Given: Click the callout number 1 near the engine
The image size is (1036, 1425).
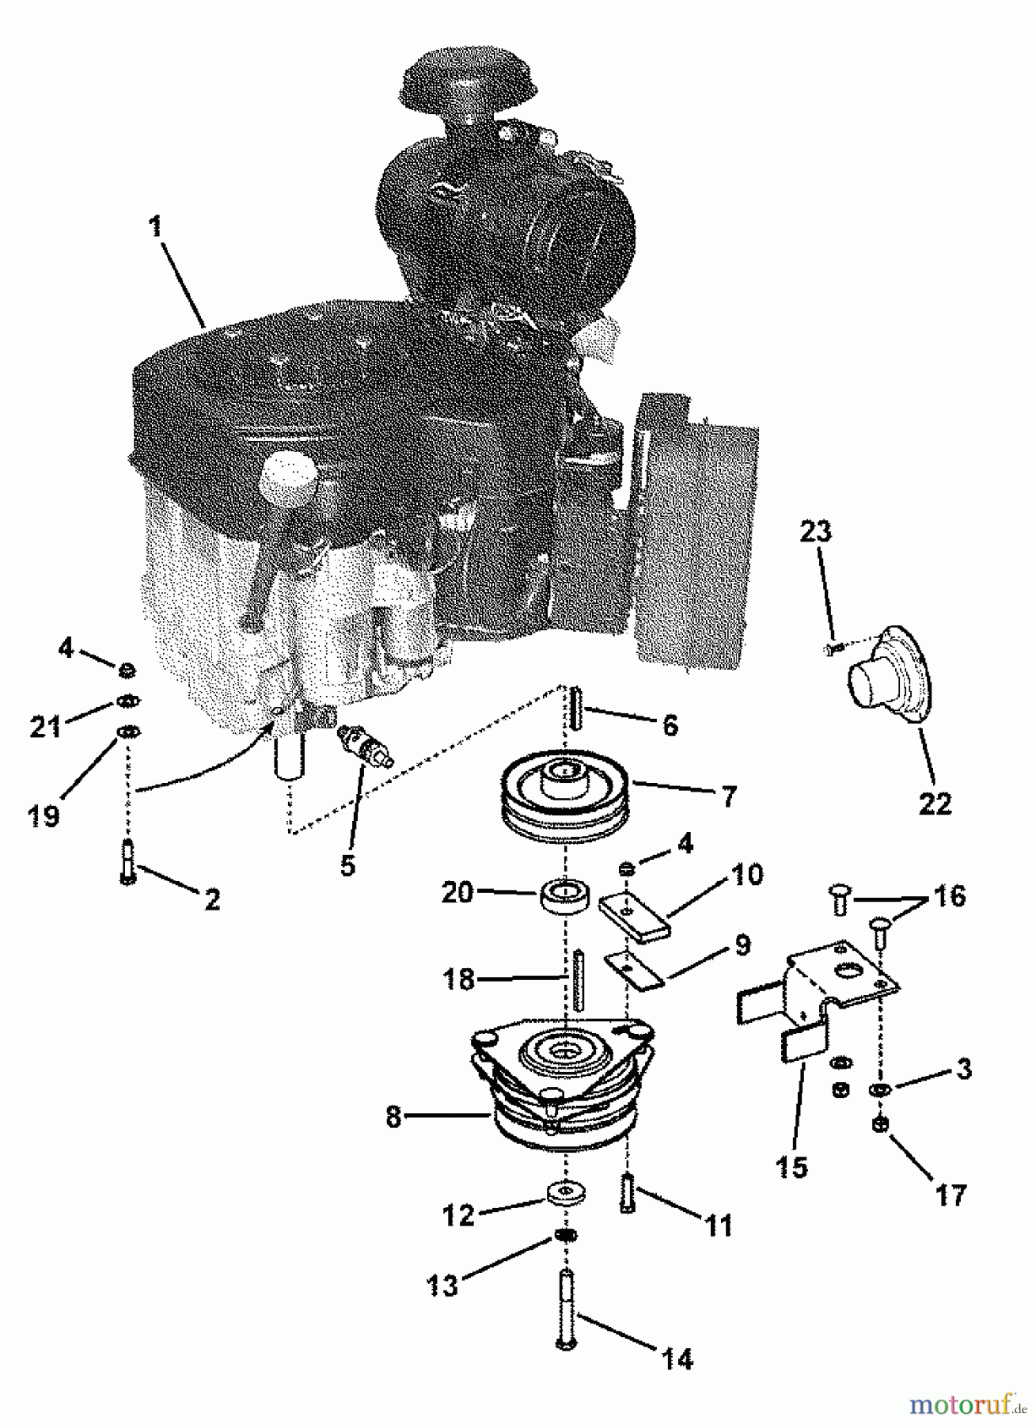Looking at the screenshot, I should (x=155, y=226).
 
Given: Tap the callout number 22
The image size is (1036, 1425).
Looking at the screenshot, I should (x=935, y=804).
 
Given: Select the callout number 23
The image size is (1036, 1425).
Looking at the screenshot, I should (x=815, y=531).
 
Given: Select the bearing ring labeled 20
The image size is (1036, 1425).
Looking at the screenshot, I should (x=565, y=898).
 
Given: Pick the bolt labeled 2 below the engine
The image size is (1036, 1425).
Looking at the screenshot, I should (x=127, y=861).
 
